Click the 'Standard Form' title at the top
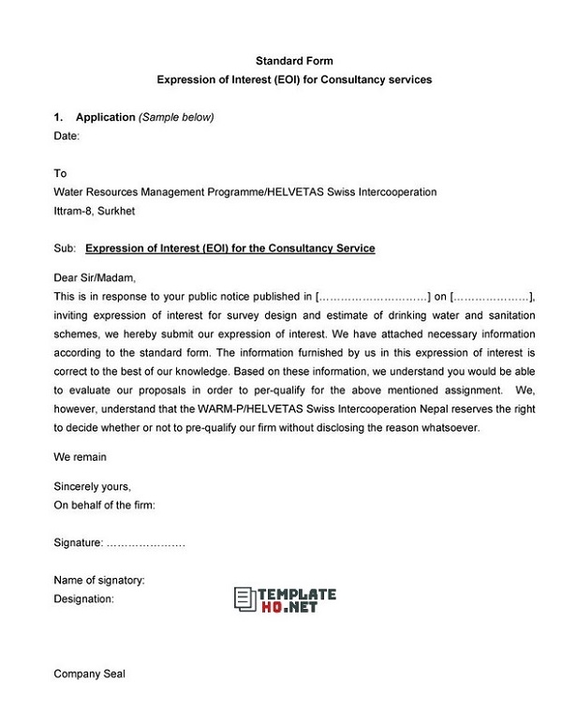[294, 61]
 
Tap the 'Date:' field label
[67, 136]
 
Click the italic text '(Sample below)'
[177, 117]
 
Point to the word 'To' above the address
[61, 173]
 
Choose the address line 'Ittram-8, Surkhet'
[95, 211]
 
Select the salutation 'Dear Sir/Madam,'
[95, 278]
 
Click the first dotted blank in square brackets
[375, 296]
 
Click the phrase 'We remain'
[81, 457]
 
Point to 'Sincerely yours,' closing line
[93, 487]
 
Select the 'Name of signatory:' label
[99, 580]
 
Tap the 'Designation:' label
[84, 598]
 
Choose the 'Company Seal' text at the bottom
[90, 673]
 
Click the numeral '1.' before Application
[58, 117]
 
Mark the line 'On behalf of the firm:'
[105, 505]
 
